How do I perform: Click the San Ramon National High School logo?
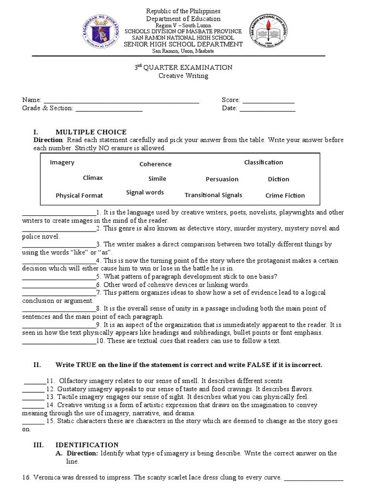270,33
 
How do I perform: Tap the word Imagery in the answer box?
62,162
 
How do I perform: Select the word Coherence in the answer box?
155,164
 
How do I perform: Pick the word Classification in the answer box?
263,162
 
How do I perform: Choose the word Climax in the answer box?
93,178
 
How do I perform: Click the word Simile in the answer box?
157,178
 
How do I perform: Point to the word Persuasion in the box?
222,179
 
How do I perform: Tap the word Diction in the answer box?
278,179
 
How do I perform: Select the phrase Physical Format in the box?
79,195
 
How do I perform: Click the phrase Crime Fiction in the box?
285,195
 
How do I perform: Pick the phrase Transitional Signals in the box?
213,195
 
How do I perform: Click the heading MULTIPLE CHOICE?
91,132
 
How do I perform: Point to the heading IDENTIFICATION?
87,445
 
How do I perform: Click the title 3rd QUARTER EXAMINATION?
183,67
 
